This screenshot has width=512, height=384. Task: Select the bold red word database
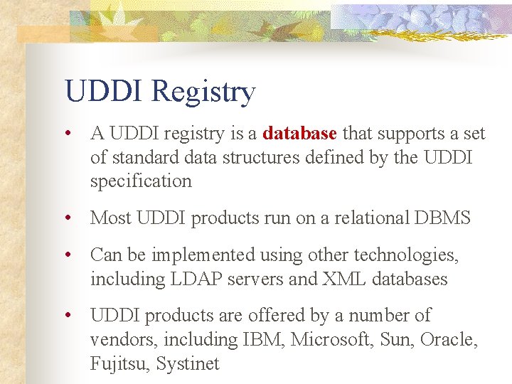[299, 133]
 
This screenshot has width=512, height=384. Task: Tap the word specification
[141, 181]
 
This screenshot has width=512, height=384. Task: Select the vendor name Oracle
[449, 340]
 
